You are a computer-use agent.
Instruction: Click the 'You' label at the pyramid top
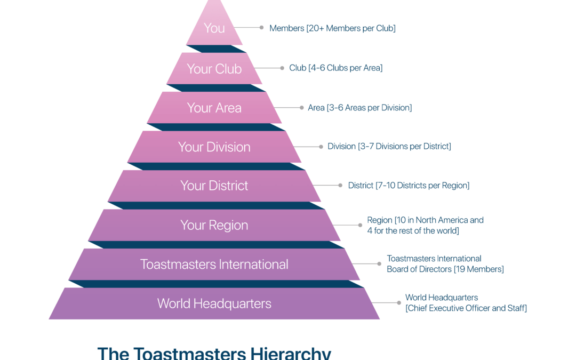(x=214, y=28)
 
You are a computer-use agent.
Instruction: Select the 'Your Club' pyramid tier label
(x=214, y=69)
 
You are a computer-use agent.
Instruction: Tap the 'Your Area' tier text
(x=214, y=108)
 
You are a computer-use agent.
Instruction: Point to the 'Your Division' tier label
(x=214, y=147)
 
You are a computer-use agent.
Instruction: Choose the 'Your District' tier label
(x=214, y=186)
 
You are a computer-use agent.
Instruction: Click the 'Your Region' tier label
(x=214, y=225)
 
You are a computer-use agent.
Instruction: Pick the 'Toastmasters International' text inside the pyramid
(x=214, y=265)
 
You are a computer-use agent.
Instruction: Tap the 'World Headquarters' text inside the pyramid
(x=214, y=304)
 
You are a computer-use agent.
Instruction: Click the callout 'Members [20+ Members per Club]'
(x=332, y=28)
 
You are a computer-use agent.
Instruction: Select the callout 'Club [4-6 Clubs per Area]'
(x=336, y=68)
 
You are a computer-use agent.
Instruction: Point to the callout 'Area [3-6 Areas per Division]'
(x=359, y=108)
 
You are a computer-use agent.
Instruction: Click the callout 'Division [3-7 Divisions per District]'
(x=389, y=146)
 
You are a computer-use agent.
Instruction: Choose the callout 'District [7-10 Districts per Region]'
(x=409, y=186)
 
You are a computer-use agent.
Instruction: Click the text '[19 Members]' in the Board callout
(x=478, y=269)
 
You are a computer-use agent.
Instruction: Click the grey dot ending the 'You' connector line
(x=261, y=28)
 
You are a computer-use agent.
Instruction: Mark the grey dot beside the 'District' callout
(x=340, y=186)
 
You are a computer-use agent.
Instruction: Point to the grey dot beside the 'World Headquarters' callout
(x=399, y=303)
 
